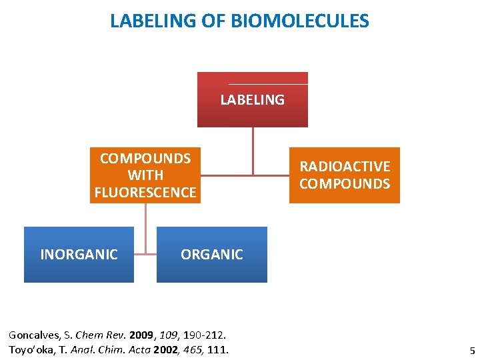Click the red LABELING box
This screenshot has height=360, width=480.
point(252,100)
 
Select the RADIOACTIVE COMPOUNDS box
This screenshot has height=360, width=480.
point(345,175)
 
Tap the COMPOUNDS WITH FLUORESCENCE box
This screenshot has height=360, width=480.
point(145,175)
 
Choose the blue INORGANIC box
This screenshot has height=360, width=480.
point(79,255)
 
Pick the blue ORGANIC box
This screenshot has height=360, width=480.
point(212,255)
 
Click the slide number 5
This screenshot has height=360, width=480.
point(472,350)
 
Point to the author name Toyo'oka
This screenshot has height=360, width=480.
point(30,349)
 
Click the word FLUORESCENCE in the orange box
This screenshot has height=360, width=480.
point(145,193)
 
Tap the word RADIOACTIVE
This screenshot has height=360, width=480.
point(345,167)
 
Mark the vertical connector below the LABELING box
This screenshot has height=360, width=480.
point(253,151)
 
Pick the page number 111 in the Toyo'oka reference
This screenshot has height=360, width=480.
point(217,349)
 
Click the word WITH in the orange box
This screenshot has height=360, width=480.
point(145,175)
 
